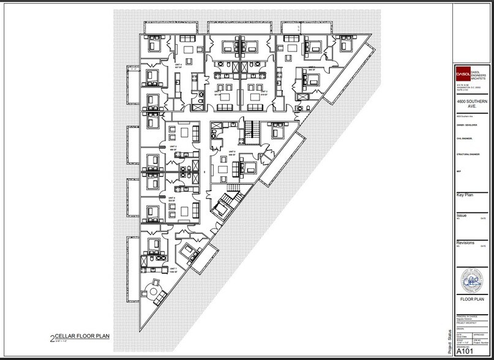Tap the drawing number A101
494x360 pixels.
click(x=463, y=351)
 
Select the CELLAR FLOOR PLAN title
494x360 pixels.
click(x=83, y=337)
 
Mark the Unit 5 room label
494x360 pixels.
click(x=232, y=152)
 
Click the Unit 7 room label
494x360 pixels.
click(x=174, y=269)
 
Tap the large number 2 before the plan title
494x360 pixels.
click(x=51, y=337)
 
